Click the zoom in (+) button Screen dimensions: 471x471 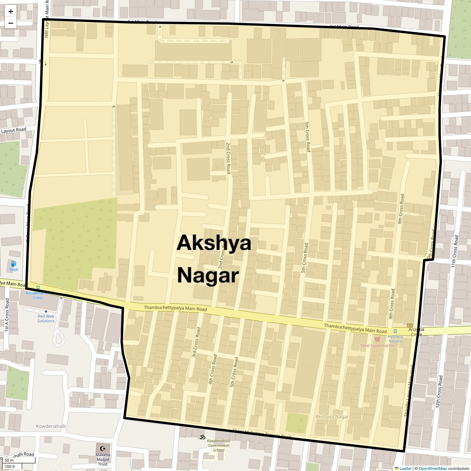pyautogui.click(x=11, y=11)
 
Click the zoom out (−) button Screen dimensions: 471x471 pyautogui.click(x=11, y=23)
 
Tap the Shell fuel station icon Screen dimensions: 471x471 pyautogui.click(x=14, y=264)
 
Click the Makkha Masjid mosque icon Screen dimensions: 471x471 pyautogui.click(x=103, y=448)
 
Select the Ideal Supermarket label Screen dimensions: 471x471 pyautogui.click(x=378, y=346)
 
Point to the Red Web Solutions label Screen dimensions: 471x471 pyautogui.click(x=46, y=318)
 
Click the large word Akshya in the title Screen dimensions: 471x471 pyautogui.click(x=214, y=243)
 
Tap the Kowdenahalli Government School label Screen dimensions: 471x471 pyautogui.click(x=218, y=445)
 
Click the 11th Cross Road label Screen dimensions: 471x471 pyautogui.click(x=455, y=252)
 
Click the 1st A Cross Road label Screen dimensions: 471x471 pyautogui.click(x=7, y=316)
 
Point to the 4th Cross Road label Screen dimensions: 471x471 pyautogui.click(x=212, y=369)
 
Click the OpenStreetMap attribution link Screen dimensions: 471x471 pyautogui.click(x=432, y=468)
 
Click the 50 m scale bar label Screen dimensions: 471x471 pyautogui.click(x=9, y=460)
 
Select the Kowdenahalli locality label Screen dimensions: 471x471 pyautogui.click(x=51, y=426)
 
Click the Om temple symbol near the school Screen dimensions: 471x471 pyautogui.click(x=202, y=436)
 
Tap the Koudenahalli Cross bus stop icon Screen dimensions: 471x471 pyautogui.click(x=38, y=287)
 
